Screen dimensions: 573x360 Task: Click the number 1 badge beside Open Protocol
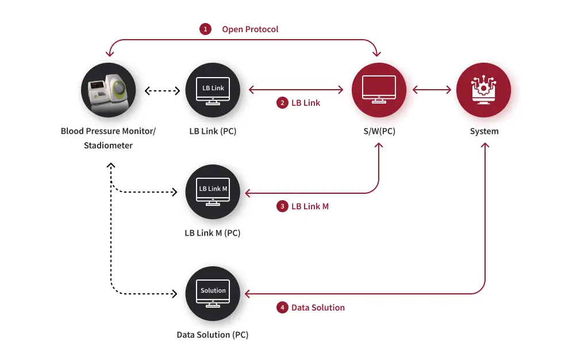205,29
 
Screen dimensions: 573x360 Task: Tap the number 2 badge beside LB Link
282,103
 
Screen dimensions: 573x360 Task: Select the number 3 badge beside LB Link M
282,206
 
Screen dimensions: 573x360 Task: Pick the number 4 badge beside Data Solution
282,308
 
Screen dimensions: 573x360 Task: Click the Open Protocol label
251,29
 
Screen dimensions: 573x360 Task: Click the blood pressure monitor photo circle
109,90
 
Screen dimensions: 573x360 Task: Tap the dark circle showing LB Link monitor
213,90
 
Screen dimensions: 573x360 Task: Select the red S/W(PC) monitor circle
379,90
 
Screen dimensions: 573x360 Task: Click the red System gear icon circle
483,90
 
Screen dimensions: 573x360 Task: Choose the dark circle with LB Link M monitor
213,192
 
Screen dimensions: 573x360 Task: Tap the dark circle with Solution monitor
213,293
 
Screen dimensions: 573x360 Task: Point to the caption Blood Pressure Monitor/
108,131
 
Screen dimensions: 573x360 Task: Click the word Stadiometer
108,145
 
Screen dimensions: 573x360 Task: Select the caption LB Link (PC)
213,131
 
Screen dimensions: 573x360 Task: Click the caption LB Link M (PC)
212,233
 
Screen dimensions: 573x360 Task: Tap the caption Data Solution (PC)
212,335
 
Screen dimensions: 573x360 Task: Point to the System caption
484,131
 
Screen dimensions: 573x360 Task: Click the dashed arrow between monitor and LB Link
162,91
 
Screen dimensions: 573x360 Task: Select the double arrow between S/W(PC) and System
432,90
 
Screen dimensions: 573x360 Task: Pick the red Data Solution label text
318,308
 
